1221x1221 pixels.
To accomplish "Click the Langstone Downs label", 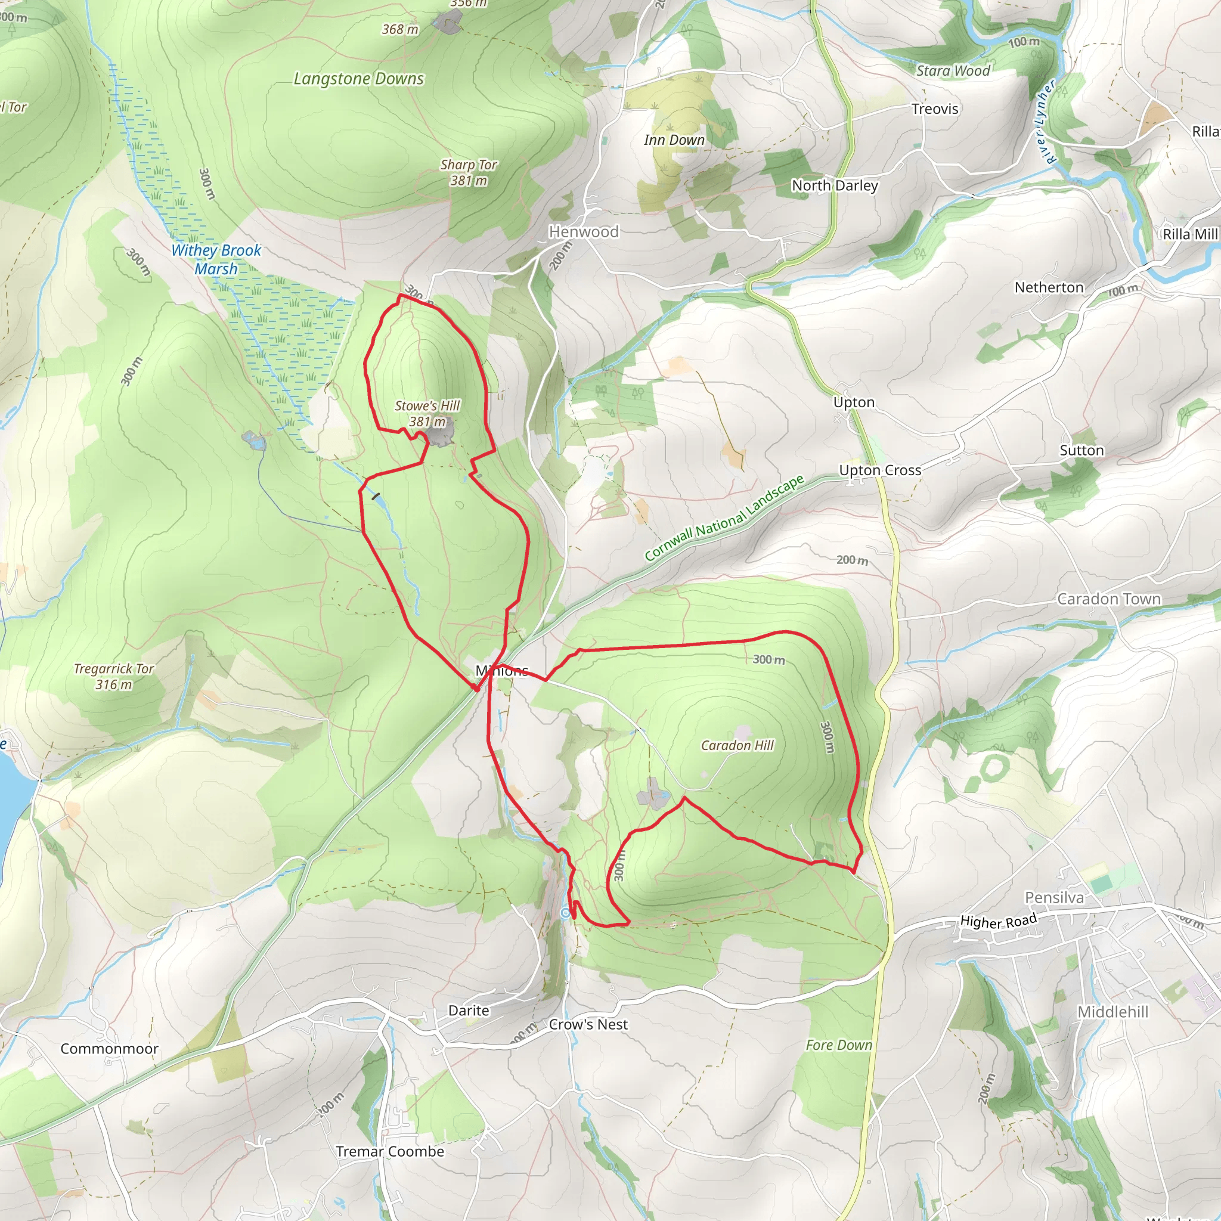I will (358, 79).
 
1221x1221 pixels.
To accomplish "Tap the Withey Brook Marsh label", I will (216, 259).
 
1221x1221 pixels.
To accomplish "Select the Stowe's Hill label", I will (427, 406).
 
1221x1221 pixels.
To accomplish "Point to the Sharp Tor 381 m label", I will (468, 172).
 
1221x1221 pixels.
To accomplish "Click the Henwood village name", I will (583, 232).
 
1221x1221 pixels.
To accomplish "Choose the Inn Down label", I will (674, 140).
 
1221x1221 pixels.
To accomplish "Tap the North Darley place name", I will (834, 185).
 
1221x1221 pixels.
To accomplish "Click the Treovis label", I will (934, 109).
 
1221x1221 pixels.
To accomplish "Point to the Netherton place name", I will (1049, 287).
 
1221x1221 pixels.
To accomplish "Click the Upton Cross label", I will (880, 470).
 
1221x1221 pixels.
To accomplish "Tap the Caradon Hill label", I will (737, 746).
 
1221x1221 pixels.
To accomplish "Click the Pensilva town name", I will (1053, 897).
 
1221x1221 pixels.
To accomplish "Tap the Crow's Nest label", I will (588, 1024).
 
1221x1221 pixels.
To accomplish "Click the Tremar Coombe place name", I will (389, 1151).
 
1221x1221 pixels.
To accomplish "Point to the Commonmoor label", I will (109, 1049).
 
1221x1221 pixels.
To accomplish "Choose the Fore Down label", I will (838, 1045).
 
